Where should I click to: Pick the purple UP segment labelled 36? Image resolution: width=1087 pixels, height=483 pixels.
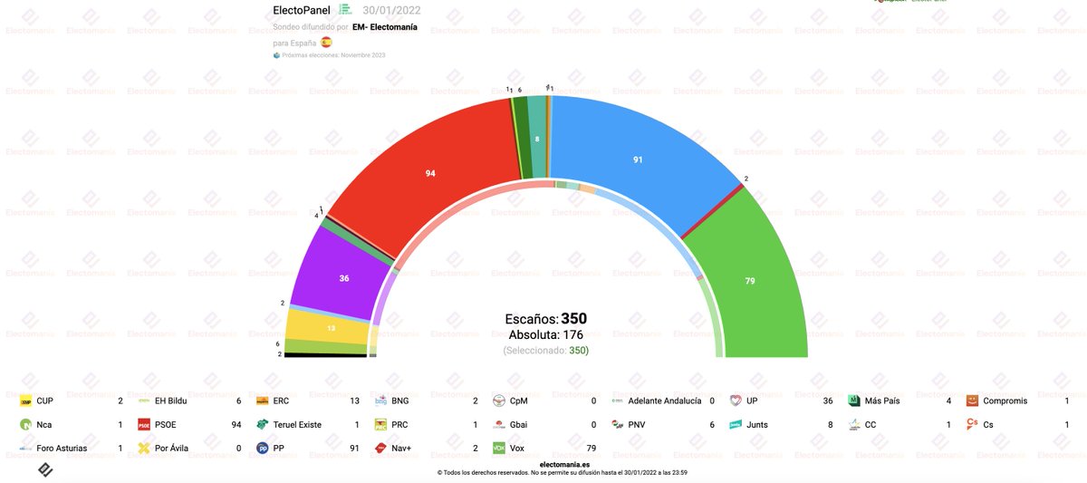[344, 278]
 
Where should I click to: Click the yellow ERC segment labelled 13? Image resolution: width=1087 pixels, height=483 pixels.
[331, 327]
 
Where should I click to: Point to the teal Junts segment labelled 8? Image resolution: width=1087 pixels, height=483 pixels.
[537, 138]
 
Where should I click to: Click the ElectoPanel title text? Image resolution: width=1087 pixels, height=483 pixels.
[302, 10]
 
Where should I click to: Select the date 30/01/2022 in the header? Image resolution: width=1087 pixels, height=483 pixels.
[391, 10]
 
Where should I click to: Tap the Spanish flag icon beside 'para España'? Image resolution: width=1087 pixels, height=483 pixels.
[327, 42]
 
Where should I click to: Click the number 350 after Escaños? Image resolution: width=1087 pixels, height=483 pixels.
[574, 319]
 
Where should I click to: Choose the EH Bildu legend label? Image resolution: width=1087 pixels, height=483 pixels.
[173, 401]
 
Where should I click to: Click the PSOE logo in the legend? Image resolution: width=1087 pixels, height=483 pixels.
[143, 424]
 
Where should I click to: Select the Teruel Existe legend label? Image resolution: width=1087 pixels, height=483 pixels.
[306, 424]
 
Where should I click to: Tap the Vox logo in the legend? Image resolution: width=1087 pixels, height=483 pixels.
[498, 448]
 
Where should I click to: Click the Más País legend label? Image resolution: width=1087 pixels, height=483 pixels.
[885, 401]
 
